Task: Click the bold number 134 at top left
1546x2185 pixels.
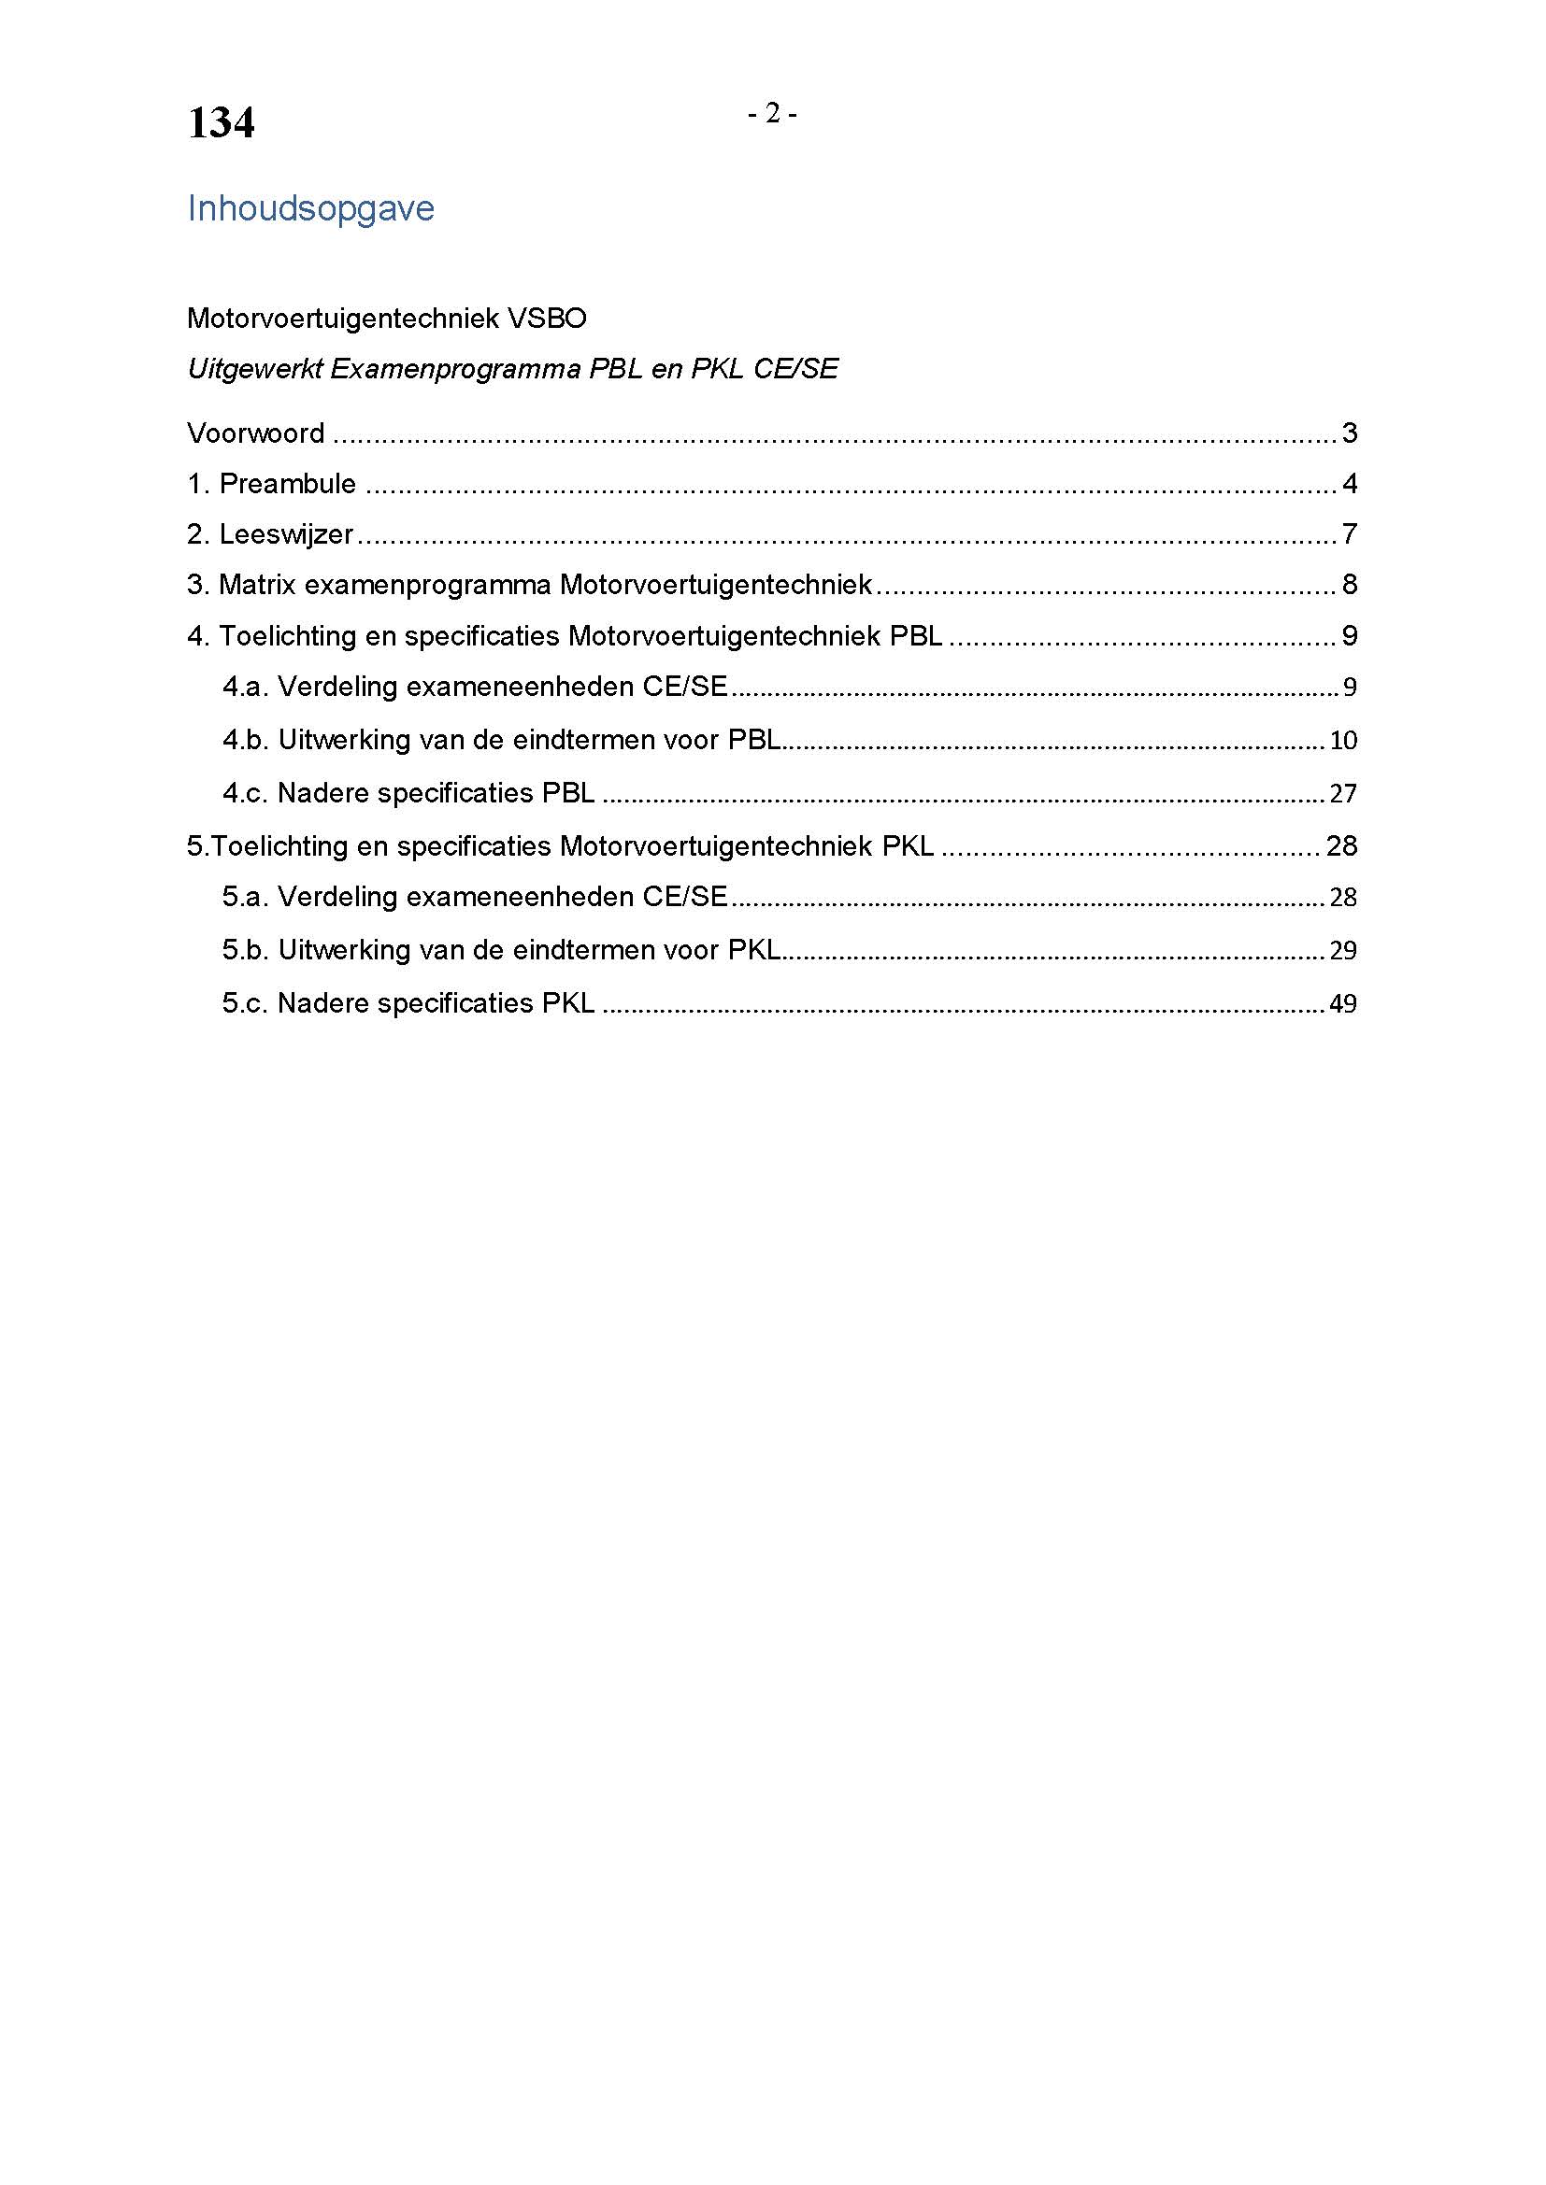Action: point(221,123)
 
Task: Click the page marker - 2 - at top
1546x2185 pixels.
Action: point(772,114)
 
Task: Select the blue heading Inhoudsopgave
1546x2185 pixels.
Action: point(310,208)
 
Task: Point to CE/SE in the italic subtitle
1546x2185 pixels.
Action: point(795,369)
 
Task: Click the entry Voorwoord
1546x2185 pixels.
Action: point(256,434)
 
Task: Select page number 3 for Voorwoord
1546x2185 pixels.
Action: point(1349,434)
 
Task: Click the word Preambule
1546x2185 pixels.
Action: point(288,485)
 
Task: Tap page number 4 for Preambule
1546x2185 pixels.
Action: point(1349,485)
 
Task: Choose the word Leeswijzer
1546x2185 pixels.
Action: point(287,535)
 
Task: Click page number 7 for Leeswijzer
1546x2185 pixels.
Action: point(1349,535)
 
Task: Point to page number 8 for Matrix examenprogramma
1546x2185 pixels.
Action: point(1349,584)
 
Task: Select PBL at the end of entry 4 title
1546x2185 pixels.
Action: point(916,636)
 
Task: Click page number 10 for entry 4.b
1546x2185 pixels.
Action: point(1342,741)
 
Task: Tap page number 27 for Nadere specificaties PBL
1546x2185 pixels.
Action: point(1342,794)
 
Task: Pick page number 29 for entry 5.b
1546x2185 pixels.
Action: point(1342,951)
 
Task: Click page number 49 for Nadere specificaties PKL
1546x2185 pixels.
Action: point(1342,1004)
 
